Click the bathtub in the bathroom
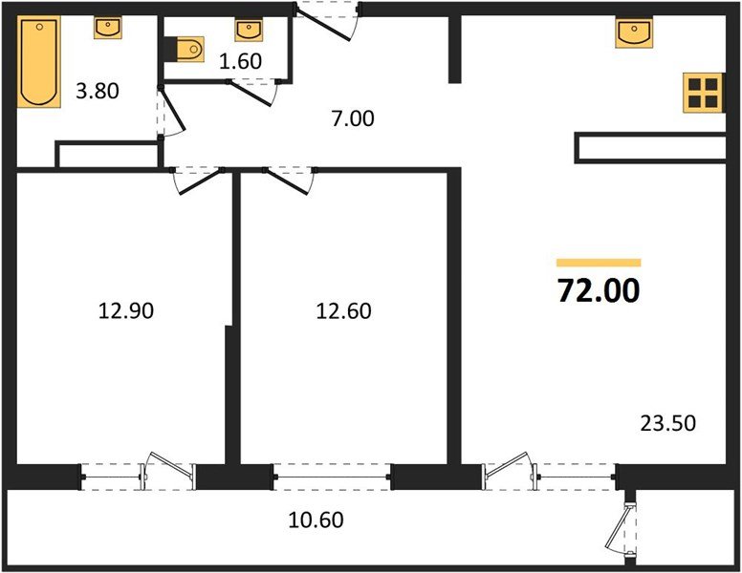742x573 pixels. pyautogui.click(x=39, y=62)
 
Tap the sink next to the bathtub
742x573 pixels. pyautogui.click(x=108, y=28)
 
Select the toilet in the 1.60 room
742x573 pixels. pyautogui.click(x=190, y=49)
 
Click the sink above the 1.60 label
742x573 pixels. pyautogui.click(x=249, y=31)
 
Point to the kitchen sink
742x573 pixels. pyautogui.click(x=634, y=33)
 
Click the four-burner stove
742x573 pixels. pyautogui.click(x=703, y=93)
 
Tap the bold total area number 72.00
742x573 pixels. pyautogui.click(x=599, y=290)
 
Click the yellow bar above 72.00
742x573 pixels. pyautogui.click(x=599, y=263)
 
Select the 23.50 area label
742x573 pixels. pyautogui.click(x=667, y=423)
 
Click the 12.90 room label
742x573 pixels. pyautogui.click(x=126, y=311)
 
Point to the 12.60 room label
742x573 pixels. pyautogui.click(x=343, y=311)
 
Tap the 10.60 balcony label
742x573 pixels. pyautogui.click(x=316, y=520)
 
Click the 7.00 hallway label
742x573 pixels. pyautogui.click(x=353, y=118)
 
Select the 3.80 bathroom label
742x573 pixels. pyautogui.click(x=98, y=91)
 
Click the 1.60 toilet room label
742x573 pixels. pyautogui.click(x=240, y=61)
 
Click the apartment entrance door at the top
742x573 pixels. pyautogui.click(x=325, y=22)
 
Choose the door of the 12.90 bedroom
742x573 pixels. pyautogui.click(x=199, y=180)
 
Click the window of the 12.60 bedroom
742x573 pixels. pyautogui.click(x=331, y=477)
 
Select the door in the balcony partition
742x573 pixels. pyautogui.click(x=622, y=529)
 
